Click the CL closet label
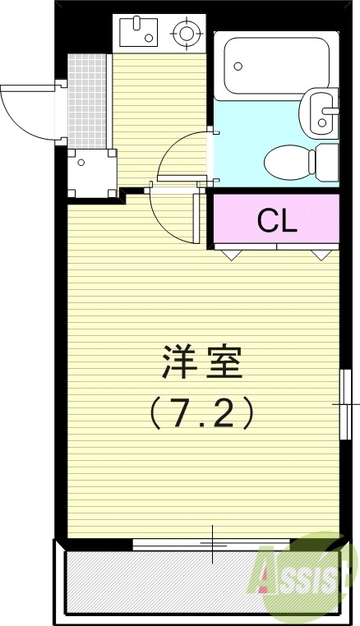pyautogui.click(x=276, y=219)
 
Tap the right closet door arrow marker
pyautogui.click(x=319, y=255)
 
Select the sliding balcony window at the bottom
pyautogui.click(x=211, y=543)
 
